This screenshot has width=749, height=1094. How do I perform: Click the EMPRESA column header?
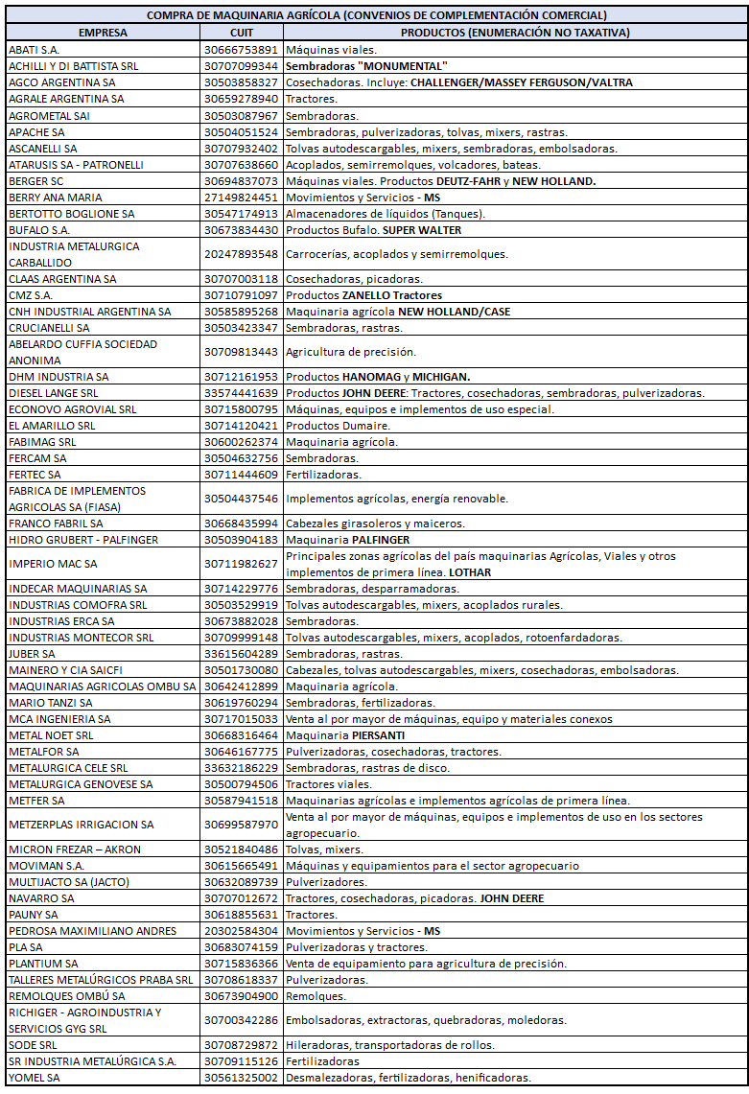pos(103,33)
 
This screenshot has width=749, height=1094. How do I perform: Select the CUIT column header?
pos(242,33)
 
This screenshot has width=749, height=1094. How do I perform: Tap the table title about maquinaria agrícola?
pos(376,15)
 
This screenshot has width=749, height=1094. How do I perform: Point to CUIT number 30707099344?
pos(242,66)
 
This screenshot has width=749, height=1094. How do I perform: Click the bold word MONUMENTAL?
pos(402,66)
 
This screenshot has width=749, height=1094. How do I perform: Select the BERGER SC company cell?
pos(36,181)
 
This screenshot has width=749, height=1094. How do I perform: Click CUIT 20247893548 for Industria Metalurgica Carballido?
pos(242,254)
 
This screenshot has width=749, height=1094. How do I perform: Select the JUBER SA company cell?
pos(32,654)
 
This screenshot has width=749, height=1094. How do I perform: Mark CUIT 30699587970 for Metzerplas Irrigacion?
pos(242,825)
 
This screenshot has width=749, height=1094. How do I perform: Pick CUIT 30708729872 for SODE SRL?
pos(242,1045)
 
